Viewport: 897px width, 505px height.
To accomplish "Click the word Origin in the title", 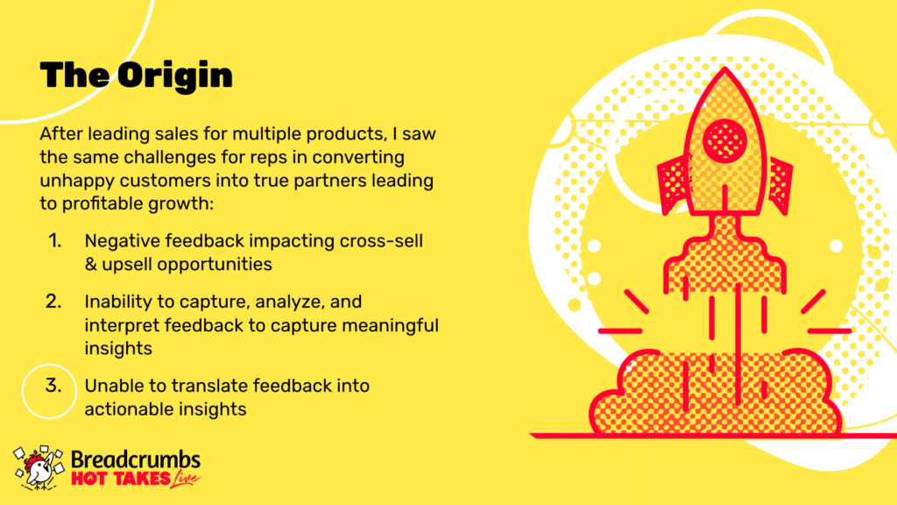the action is (x=175, y=75).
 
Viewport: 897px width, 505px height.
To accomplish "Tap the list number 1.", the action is (x=54, y=240).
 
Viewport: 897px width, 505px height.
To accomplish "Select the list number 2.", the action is (x=53, y=302).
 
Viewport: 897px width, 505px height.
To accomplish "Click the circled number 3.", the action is (x=53, y=386).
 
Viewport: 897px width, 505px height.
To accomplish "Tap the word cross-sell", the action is (x=381, y=241).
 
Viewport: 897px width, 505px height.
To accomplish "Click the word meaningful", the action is (x=390, y=325).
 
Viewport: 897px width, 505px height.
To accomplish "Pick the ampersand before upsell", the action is (x=90, y=265).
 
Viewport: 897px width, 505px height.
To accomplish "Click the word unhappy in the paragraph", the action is (x=77, y=181).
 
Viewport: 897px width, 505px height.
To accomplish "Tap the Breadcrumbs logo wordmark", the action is (x=136, y=459).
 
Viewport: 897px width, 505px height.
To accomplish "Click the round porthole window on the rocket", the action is (x=724, y=140).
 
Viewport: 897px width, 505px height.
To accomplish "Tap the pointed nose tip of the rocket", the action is (x=724, y=68).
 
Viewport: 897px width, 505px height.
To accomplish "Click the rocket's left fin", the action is (x=674, y=185).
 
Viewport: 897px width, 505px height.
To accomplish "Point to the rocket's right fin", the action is (x=779, y=185).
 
